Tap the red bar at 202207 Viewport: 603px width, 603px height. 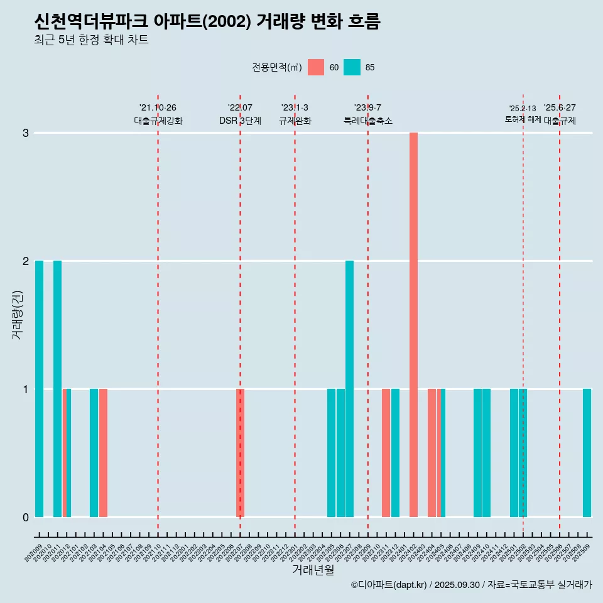point(240,452)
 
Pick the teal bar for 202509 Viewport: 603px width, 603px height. point(587,452)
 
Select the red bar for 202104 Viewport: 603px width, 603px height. point(103,452)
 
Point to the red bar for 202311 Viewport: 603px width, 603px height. point(386,452)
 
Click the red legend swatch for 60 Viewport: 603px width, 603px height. point(316,67)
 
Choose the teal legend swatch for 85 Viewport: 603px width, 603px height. point(352,67)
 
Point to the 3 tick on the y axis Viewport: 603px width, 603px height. point(26,133)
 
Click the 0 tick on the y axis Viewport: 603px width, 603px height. point(26,517)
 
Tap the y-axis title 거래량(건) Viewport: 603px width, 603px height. point(17,315)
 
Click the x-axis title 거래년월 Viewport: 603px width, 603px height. point(313,570)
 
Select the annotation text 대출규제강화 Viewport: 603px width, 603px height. point(158,121)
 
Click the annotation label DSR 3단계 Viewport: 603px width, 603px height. point(240,121)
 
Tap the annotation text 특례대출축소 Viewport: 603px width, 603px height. point(368,121)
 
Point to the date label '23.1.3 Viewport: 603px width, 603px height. point(295,108)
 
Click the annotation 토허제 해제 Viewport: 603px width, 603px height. point(523,119)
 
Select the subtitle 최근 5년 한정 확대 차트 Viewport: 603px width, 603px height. point(92,40)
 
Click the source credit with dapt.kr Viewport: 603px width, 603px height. point(471,585)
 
